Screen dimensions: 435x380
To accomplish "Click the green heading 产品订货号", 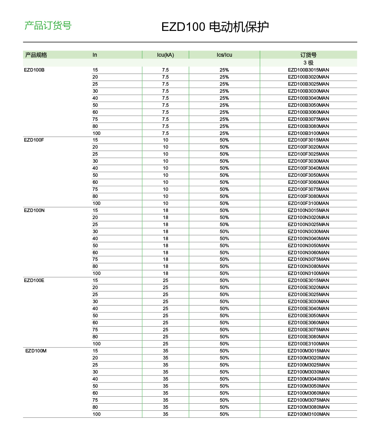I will tap(48, 26).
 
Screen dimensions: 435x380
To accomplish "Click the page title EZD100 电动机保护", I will tap(215, 27).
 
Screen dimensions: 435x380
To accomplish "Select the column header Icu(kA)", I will tap(165, 55).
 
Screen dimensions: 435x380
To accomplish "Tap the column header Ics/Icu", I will tap(224, 55).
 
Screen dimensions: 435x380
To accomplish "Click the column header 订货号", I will tap(308, 55).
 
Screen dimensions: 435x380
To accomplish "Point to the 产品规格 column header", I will tap(36, 55).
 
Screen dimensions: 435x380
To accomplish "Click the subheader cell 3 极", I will tap(308, 63).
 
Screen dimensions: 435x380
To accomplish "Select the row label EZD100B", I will tap(34, 70).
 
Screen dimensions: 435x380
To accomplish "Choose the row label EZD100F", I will tap(34, 140).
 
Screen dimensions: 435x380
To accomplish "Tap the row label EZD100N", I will tap(34, 210).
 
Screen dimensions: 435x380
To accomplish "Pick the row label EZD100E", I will tap(34, 280).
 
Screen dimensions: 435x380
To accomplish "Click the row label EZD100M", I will tap(36, 351).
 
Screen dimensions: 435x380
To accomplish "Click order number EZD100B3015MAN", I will tap(308, 70).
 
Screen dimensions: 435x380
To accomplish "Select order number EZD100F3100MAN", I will tap(308, 203).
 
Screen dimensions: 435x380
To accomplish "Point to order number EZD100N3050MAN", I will tap(308, 246).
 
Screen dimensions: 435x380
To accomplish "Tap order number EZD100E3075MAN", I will tap(308, 330).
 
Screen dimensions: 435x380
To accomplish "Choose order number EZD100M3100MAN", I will tap(308, 414).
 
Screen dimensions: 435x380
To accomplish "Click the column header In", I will tap(95, 55).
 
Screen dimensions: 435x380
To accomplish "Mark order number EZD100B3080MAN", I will tap(308, 126).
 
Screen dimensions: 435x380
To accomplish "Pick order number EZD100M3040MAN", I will tap(308, 379).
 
